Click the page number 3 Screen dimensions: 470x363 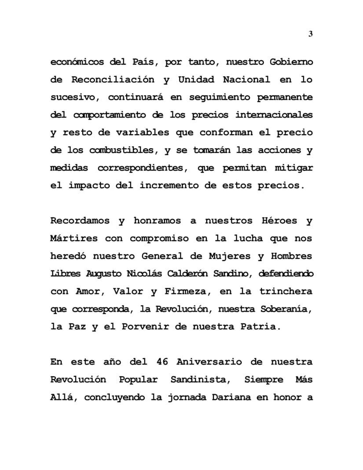311,34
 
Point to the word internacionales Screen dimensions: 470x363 274,115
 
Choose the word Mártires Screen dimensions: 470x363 74,239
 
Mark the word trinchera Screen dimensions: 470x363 286,291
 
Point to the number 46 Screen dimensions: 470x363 162,362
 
